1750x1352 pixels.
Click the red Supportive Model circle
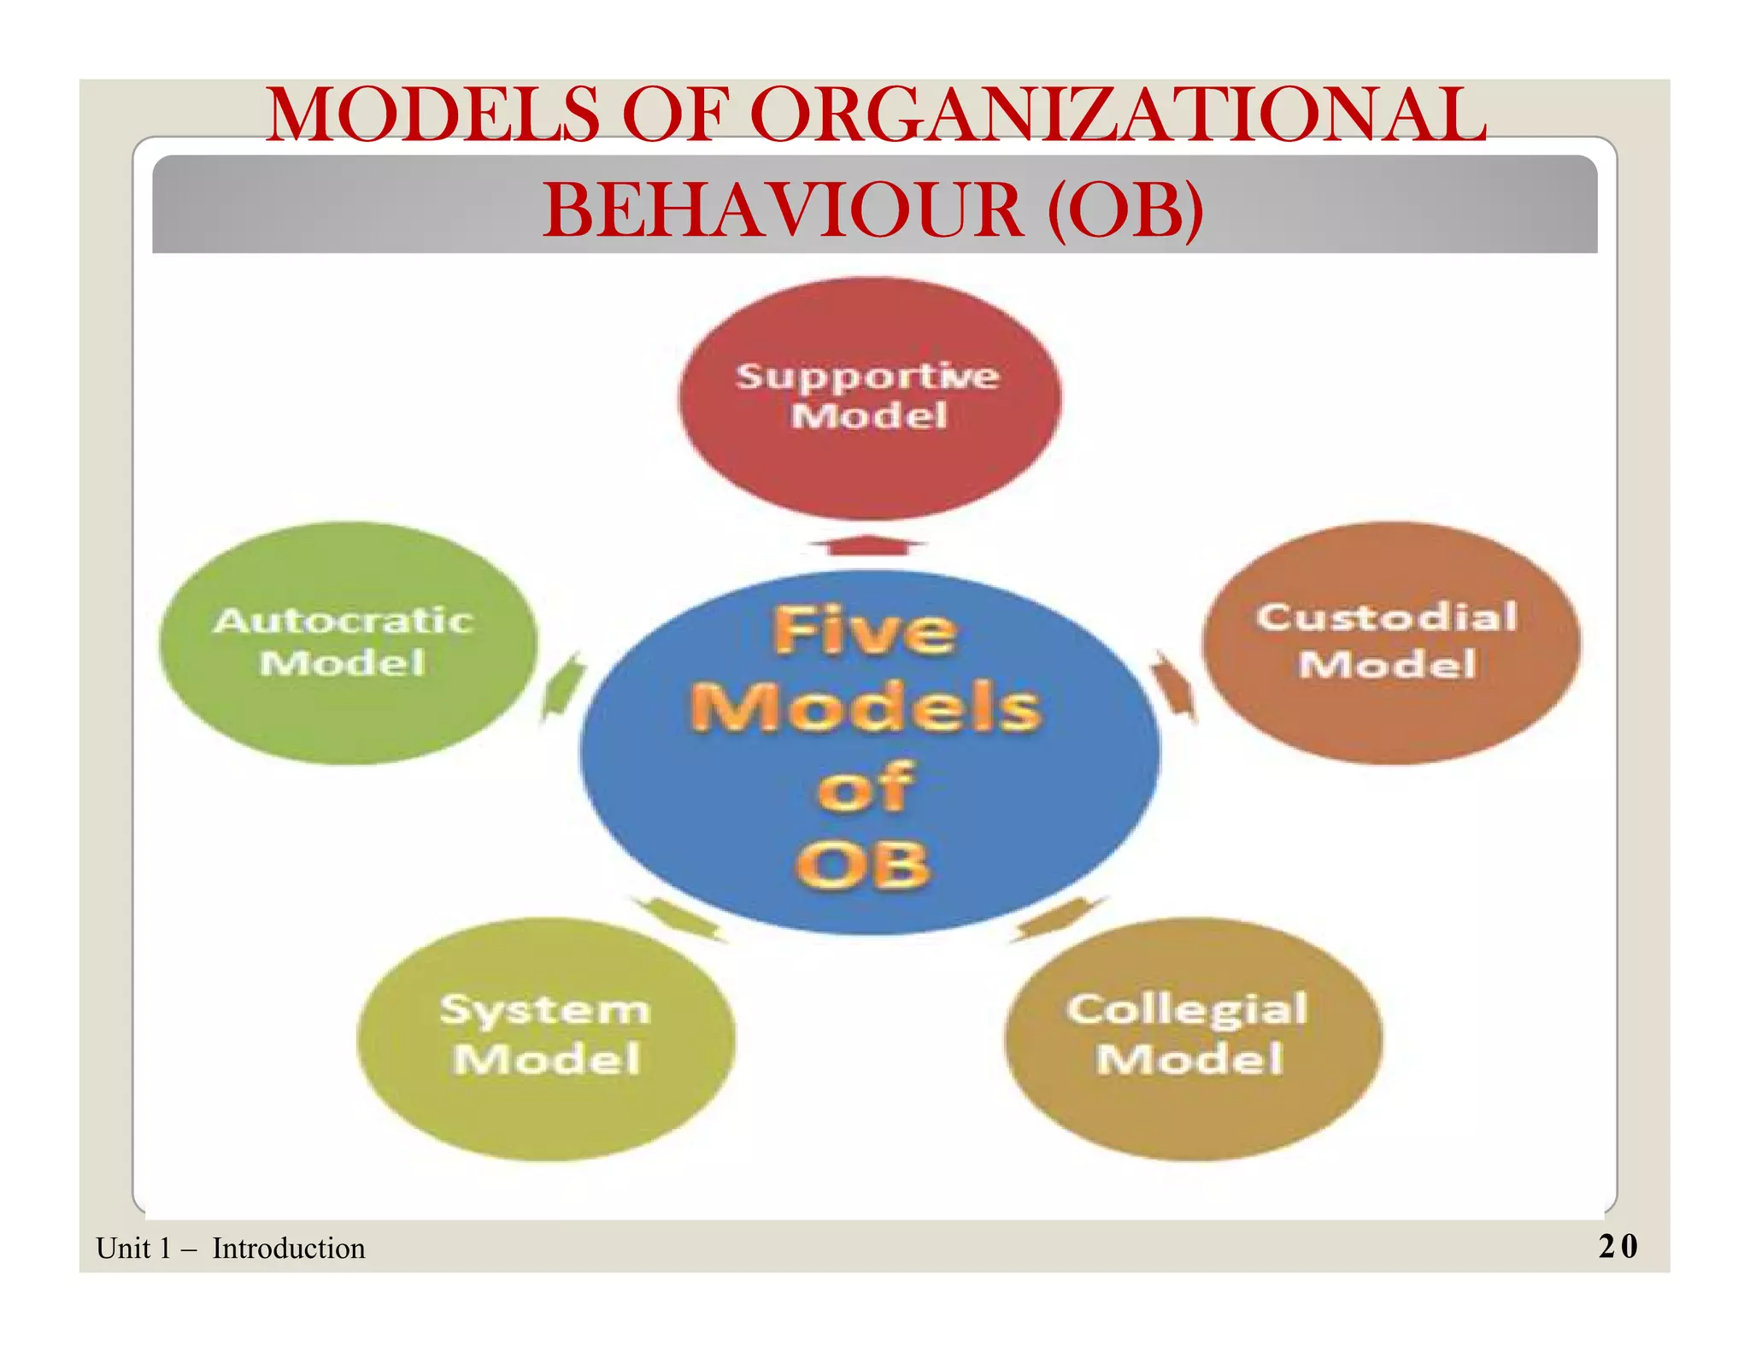coord(869,397)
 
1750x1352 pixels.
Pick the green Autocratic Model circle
coord(348,643)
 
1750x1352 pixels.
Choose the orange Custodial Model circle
coord(1390,643)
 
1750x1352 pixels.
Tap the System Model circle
coord(545,1038)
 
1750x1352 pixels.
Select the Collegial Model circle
coord(1192,1038)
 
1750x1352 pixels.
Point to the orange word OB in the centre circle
coord(863,865)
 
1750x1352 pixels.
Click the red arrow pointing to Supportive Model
coord(867,545)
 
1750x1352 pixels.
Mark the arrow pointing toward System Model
coord(680,920)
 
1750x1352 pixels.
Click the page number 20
coord(1618,1246)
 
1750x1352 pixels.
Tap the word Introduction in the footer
coord(289,1249)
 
